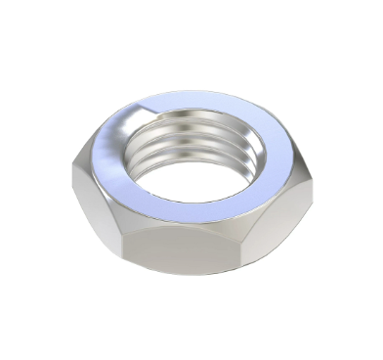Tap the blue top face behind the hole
pos(195,101)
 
